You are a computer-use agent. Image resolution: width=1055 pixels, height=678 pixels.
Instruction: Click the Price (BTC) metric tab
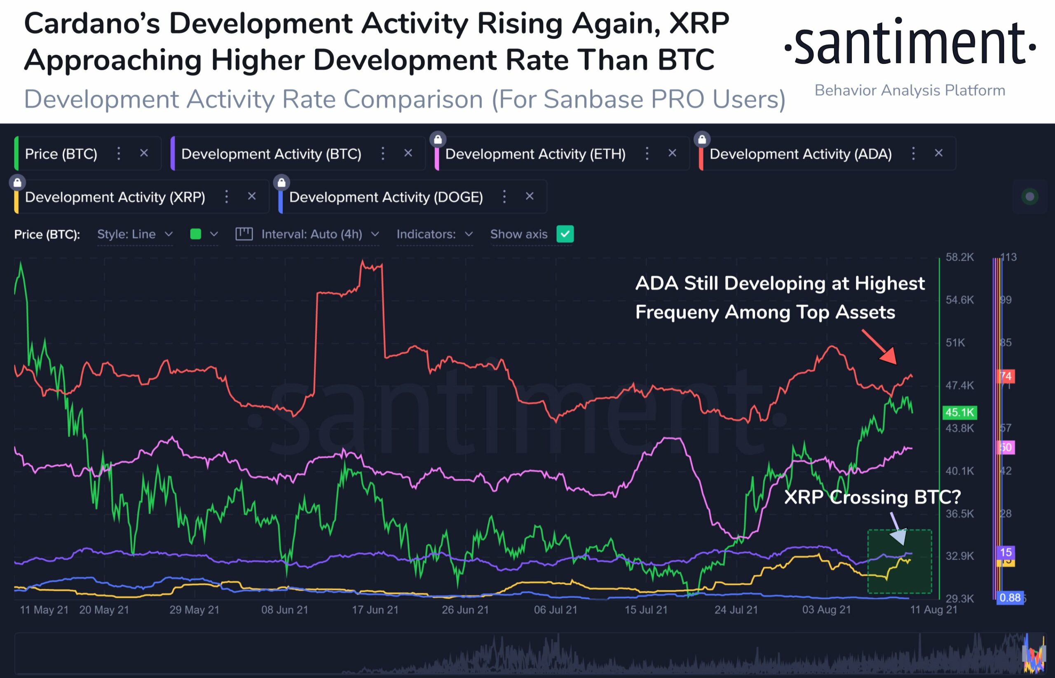coord(61,154)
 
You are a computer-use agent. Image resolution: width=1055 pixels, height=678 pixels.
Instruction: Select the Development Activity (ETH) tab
coord(535,154)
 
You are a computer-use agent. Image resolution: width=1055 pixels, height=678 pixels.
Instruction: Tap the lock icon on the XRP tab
coord(18,182)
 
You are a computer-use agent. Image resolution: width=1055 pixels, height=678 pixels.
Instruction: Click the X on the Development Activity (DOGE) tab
coord(530,196)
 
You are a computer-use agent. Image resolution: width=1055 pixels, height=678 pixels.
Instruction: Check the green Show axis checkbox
coord(565,234)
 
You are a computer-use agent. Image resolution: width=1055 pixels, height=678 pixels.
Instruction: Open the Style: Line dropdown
coord(135,234)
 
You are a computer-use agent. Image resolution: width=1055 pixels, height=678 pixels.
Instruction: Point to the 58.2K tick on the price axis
coord(959,257)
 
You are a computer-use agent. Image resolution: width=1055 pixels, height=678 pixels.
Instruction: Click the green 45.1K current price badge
coord(959,412)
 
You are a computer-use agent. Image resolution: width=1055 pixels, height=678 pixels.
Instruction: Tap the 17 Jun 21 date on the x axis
coord(375,610)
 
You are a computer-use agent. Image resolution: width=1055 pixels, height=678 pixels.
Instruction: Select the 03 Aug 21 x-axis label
coord(826,610)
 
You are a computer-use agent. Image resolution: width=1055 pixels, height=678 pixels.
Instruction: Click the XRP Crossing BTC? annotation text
coord(872,497)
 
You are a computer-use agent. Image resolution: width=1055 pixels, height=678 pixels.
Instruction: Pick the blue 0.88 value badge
coord(1010,598)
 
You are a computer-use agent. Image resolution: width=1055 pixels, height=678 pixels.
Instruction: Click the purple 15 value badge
coord(1006,552)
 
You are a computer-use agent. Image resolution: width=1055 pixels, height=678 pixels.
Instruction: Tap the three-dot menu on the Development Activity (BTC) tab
coord(383,153)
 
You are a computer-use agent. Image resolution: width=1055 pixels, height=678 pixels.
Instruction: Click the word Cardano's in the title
coord(91,23)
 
